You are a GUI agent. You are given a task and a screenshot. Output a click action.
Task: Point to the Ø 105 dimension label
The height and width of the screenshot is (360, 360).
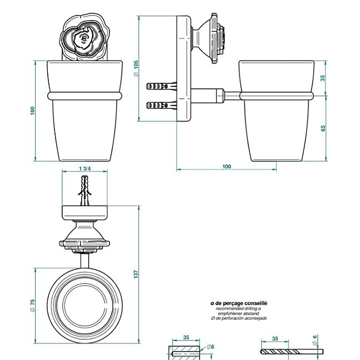tap(136, 68)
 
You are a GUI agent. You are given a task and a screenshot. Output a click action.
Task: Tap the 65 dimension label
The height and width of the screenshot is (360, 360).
tap(323, 128)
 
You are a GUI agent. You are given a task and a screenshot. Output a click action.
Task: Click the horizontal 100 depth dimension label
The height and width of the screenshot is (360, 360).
tap(227, 167)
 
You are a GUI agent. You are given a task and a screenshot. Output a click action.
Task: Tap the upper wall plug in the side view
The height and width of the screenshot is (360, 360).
tap(161, 87)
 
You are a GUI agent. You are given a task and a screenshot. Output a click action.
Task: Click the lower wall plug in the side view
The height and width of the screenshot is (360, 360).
tap(161, 104)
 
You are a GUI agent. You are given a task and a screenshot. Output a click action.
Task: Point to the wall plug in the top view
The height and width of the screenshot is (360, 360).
tap(84, 189)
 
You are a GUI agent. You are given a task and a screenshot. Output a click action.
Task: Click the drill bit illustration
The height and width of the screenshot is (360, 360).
tap(289, 352)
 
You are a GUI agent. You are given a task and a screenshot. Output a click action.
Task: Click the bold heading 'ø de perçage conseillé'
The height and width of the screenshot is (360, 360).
tap(239, 303)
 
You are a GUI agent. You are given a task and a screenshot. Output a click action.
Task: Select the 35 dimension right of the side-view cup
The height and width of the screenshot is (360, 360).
tap(323, 78)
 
